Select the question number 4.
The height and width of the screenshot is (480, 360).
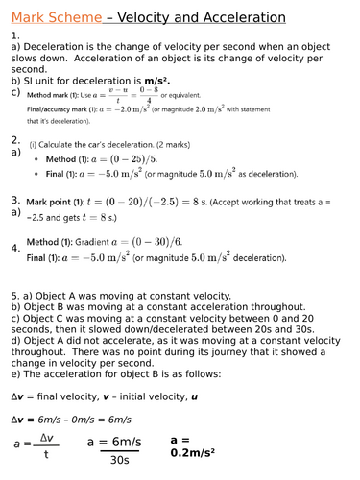pyautogui.click(x=15, y=248)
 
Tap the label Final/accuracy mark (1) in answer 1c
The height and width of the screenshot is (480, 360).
pyautogui.click(x=66, y=109)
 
